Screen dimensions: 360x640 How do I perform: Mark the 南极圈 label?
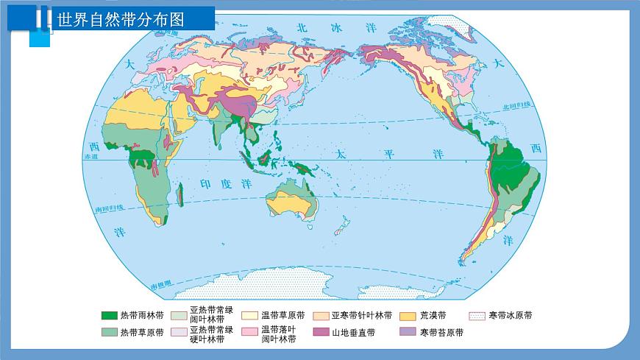coord(160,285)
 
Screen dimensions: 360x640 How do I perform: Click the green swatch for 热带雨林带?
coord(109,316)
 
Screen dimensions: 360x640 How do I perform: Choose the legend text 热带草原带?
coord(142,333)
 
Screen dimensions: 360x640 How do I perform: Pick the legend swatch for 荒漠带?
coord(408,316)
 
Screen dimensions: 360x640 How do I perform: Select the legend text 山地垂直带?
coord(353,333)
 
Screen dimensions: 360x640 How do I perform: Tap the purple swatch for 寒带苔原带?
coord(408,333)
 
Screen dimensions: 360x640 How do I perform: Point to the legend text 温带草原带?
coord(283,316)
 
